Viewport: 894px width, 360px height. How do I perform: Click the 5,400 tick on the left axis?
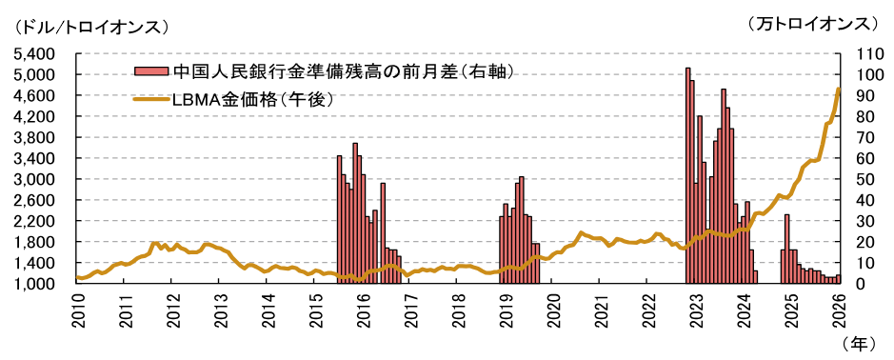pos(38,53)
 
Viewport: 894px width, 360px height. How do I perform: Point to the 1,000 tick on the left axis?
pos(38,284)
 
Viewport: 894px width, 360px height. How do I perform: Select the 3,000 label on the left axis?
pos(38,179)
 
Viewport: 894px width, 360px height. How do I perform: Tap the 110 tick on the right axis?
pos(861,53)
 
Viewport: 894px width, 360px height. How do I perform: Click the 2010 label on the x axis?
pos(77,310)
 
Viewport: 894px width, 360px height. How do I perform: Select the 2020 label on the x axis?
pos(553,310)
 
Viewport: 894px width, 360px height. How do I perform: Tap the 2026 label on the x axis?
pos(839,310)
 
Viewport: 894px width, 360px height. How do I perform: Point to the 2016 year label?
pos(363,310)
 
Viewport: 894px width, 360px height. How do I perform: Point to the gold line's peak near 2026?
pos(838,90)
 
